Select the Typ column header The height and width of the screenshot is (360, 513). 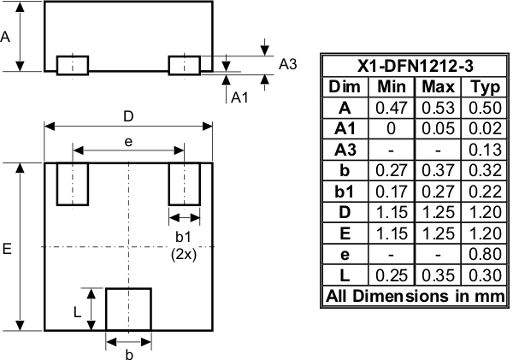[483, 87]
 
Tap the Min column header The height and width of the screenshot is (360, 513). [392, 87]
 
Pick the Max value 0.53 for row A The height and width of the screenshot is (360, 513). [437, 108]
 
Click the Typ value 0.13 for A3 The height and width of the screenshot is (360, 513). [483, 150]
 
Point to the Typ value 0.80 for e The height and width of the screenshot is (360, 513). [483, 254]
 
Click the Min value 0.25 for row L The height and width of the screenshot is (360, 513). [392, 275]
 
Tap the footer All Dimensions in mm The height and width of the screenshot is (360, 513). [413, 297]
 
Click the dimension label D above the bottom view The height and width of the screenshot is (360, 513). [128, 115]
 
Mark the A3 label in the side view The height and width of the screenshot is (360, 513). [288, 65]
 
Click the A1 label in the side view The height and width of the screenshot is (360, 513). [240, 97]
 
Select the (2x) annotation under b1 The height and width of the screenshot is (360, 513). [185, 254]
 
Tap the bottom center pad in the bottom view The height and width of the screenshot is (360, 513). [128, 310]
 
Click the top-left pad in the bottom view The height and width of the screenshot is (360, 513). [73, 184]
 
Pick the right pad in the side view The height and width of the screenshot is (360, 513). [184, 65]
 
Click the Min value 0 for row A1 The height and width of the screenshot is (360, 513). [392, 129]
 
